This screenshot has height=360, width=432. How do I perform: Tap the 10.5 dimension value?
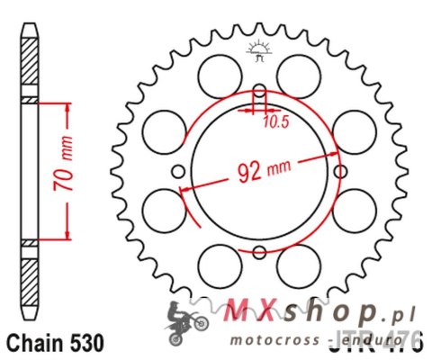tap(269, 122)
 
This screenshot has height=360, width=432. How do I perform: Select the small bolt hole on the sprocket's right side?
tap(339, 171)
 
